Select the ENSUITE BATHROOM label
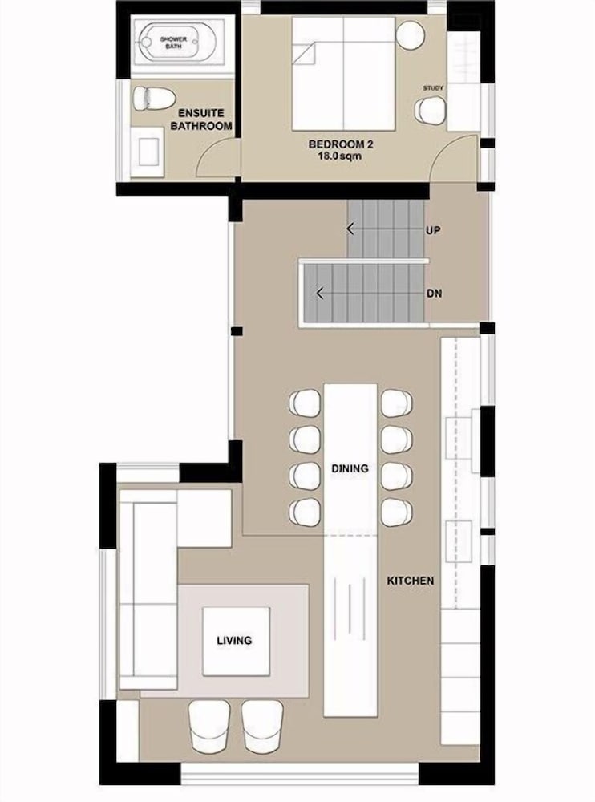[201, 119]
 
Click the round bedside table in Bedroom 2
[411, 35]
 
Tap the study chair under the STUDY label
[430, 111]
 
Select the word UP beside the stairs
[433, 230]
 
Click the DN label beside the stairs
[434, 294]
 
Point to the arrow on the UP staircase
[350, 229]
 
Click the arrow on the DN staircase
[320, 294]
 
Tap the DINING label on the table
[350, 468]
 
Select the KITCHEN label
[411, 581]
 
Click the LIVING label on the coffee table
[234, 640]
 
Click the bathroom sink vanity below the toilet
[148, 152]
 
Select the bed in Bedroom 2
[344, 73]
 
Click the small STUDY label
[433, 88]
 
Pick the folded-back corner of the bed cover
[305, 54]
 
